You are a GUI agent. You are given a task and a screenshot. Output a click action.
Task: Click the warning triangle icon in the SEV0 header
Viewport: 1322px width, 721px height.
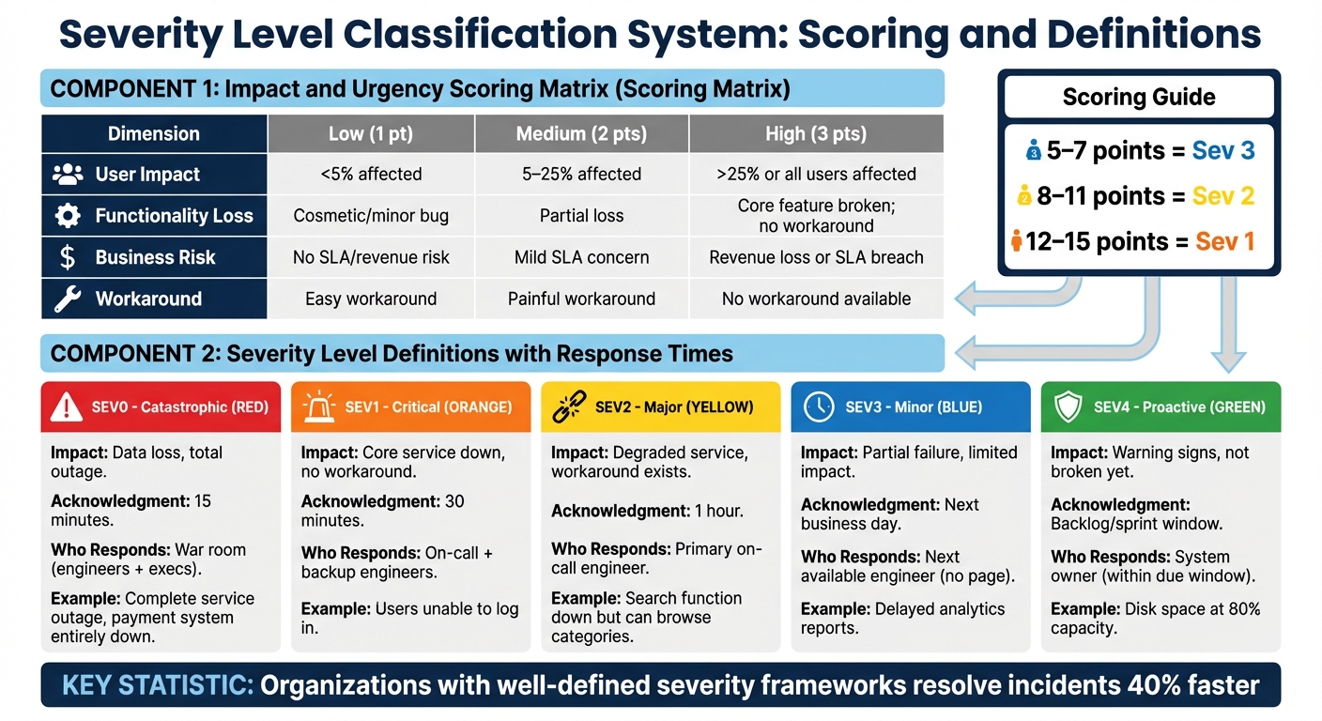[x=67, y=407]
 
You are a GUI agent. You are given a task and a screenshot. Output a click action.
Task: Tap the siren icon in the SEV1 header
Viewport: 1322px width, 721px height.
[x=317, y=407]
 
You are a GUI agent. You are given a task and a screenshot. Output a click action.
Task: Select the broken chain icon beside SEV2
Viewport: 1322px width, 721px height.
[x=569, y=407]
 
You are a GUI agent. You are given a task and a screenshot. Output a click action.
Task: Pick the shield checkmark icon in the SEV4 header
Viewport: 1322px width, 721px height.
[x=1069, y=407]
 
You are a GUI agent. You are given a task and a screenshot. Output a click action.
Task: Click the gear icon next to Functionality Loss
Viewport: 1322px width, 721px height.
[x=68, y=216]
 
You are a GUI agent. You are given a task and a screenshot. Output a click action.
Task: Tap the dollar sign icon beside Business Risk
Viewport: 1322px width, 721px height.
[x=68, y=257]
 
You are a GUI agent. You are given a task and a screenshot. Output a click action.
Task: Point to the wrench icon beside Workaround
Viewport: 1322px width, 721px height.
[x=68, y=299]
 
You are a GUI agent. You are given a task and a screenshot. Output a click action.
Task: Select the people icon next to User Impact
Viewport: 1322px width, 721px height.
[x=68, y=175]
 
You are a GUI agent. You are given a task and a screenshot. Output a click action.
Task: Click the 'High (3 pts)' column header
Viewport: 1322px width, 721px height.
[x=815, y=134]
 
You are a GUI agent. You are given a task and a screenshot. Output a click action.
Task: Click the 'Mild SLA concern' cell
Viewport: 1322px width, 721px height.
[x=581, y=257]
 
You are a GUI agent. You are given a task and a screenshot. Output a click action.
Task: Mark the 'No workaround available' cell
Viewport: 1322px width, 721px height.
[x=815, y=299]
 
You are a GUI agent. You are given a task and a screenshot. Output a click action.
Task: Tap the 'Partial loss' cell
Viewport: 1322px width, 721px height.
[x=581, y=216]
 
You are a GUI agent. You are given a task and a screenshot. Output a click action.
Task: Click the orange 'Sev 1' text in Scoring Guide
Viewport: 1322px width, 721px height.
[x=1224, y=241]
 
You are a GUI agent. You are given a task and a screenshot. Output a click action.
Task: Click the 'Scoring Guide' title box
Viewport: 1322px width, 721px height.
[x=1138, y=98]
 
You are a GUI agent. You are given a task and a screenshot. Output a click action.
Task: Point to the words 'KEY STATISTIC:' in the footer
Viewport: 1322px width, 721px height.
[x=157, y=684]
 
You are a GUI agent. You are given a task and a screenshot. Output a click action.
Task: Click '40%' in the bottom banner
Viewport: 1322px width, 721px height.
[x=1130, y=684]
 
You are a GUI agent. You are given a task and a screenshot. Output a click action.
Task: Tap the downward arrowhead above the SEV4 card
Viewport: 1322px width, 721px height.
[x=1228, y=361]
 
